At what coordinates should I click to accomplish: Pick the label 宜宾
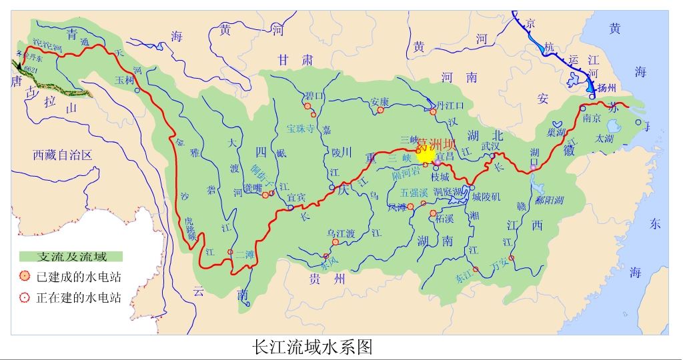(x=297, y=198)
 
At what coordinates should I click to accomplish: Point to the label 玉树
(x=125, y=79)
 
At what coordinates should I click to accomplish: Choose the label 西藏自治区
(x=62, y=155)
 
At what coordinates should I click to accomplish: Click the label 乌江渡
(x=340, y=233)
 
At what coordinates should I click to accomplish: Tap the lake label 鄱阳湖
(x=549, y=199)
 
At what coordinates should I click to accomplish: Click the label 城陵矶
(x=486, y=197)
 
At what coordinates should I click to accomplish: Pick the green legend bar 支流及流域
(x=71, y=257)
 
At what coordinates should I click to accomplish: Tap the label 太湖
(x=604, y=138)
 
